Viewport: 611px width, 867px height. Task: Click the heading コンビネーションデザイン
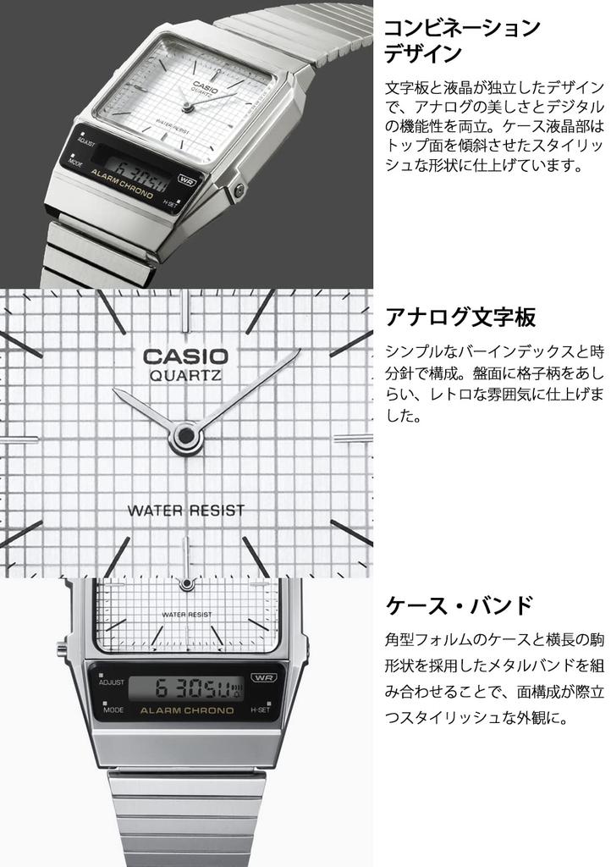coord(462,41)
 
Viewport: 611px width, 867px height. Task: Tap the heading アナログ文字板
coord(460,318)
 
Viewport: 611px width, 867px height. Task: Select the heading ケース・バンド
coord(460,605)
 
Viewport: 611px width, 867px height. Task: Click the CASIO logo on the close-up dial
coord(184,356)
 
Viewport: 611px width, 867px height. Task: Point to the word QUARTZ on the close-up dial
coord(185,378)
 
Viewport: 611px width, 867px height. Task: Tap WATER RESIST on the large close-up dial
coord(185,511)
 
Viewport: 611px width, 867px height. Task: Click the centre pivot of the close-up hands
coord(182,436)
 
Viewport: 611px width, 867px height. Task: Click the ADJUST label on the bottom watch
coord(112,682)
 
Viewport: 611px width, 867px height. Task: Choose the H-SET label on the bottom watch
coord(260,712)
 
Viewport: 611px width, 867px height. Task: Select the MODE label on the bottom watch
coord(113,711)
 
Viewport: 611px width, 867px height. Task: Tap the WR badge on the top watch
coord(187,179)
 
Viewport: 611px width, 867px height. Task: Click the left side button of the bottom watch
coord(62,650)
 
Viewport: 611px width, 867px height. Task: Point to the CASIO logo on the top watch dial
coord(201,84)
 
